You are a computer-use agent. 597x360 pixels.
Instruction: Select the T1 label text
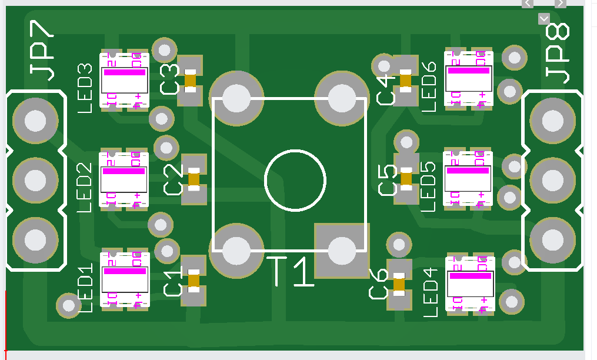click(292, 272)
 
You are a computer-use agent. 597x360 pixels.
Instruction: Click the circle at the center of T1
click(295, 180)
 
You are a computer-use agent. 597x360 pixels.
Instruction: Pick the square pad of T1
click(341, 251)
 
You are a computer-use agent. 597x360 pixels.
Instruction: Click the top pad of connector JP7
click(35, 120)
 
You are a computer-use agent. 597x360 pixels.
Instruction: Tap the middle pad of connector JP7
click(35, 179)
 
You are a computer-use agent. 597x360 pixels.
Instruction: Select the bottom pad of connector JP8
click(552, 239)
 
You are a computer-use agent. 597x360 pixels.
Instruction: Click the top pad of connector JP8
click(552, 121)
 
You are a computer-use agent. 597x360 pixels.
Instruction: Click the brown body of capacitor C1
click(194, 281)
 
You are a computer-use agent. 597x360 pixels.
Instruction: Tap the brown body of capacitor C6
click(399, 285)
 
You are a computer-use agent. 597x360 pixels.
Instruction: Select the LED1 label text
click(85, 288)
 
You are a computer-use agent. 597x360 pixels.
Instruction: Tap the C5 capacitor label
click(388, 181)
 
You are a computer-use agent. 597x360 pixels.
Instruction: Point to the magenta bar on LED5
click(468, 170)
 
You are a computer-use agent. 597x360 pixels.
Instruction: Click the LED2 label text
click(85, 187)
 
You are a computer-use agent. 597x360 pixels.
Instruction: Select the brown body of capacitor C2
click(194, 177)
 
